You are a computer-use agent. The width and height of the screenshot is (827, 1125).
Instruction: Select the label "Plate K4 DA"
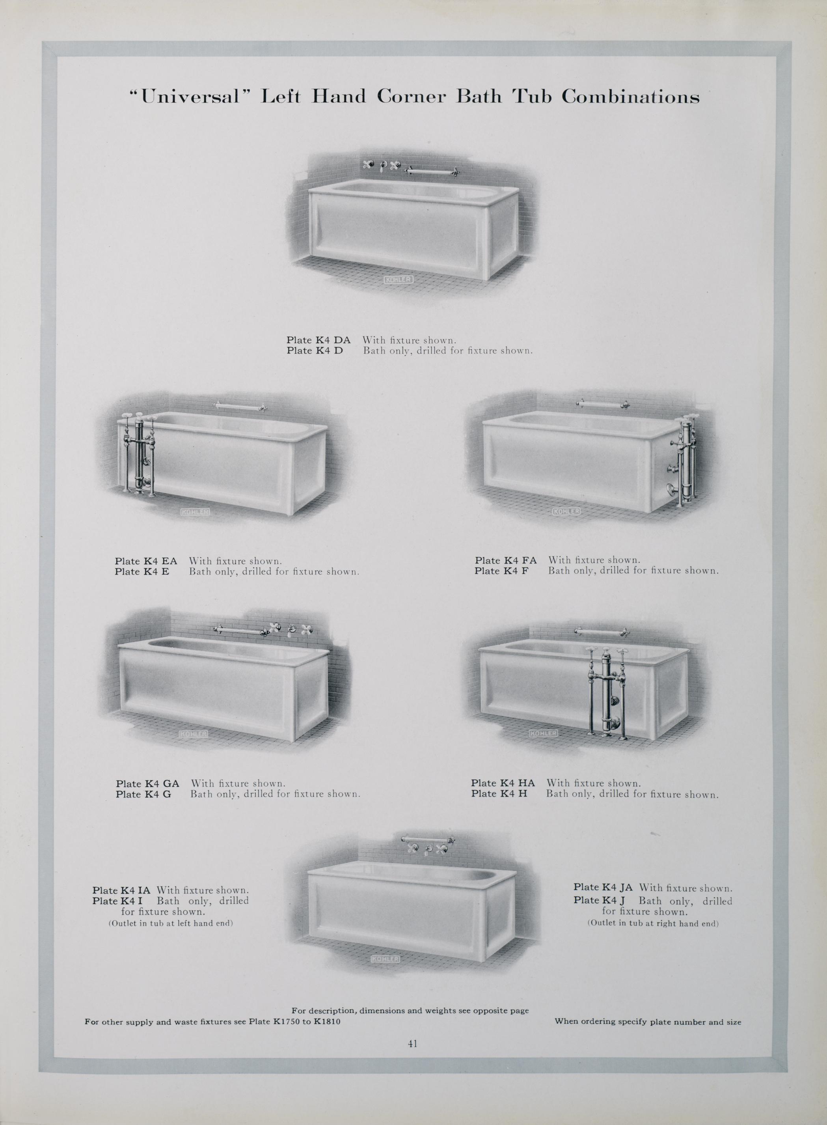tap(319, 340)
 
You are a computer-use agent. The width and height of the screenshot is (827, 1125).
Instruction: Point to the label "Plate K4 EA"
tap(146, 561)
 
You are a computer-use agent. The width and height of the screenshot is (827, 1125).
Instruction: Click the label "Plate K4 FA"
tap(506, 560)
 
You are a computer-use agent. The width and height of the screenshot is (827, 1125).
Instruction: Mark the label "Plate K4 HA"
tap(503, 783)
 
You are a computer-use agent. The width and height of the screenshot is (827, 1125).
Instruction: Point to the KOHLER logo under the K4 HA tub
tap(543, 733)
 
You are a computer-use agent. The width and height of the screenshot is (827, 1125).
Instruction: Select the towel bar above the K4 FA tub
tap(602, 403)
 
